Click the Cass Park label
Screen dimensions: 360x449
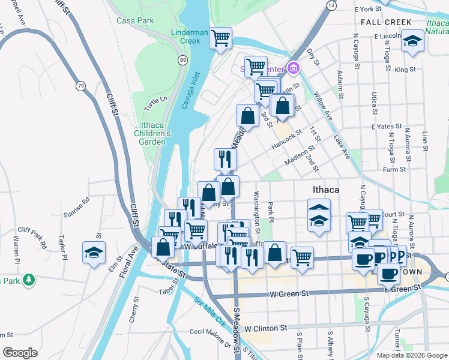click(135, 20)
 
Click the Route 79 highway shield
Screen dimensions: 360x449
click(80, 86)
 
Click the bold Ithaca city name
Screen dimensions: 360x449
click(326, 190)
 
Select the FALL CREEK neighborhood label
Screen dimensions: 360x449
click(387, 22)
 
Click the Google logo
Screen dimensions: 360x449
click(20, 353)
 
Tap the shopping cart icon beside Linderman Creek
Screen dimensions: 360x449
click(221, 38)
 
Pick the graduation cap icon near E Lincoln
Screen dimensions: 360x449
click(412, 41)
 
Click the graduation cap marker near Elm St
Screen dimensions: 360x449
click(94, 252)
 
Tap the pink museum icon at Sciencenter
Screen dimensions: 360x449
click(293, 68)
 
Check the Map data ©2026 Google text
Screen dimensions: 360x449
click(411, 355)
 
